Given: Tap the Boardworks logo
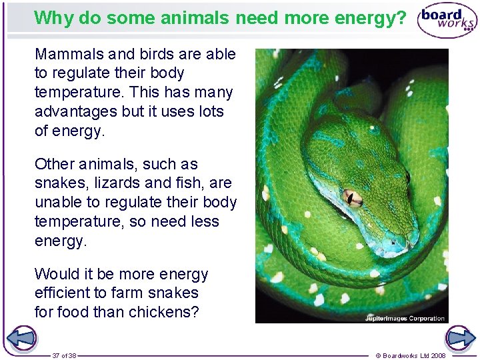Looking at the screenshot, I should coord(447,21).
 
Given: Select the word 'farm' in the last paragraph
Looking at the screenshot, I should coord(135,293).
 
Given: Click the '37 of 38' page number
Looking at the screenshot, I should coord(64,355).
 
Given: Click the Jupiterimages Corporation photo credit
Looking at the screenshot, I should coord(405,318).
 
